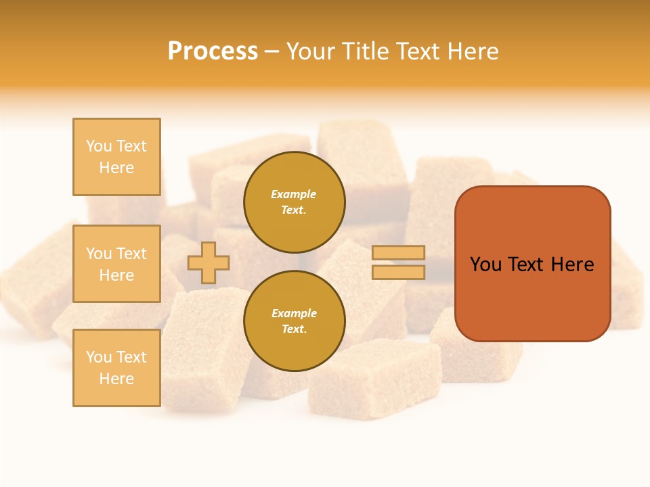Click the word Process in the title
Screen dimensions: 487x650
click(213, 51)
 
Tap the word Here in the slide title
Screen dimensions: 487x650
click(471, 51)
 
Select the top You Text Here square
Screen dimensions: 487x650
click(116, 157)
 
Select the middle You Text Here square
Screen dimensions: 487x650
click(116, 264)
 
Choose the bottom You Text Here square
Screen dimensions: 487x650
click(116, 368)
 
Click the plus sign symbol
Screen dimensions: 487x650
click(209, 262)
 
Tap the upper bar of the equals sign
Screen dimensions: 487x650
click(398, 253)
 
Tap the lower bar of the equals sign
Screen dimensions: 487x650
click(398, 272)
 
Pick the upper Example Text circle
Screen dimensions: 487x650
click(294, 202)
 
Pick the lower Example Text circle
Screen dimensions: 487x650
click(294, 321)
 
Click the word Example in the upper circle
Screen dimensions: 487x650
click(293, 195)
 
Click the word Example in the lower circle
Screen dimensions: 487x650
click(293, 314)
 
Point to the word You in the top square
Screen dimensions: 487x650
click(99, 146)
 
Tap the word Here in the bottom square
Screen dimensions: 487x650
click(116, 379)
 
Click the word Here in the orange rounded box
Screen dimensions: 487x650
click(572, 264)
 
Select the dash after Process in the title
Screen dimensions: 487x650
click(272, 51)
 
